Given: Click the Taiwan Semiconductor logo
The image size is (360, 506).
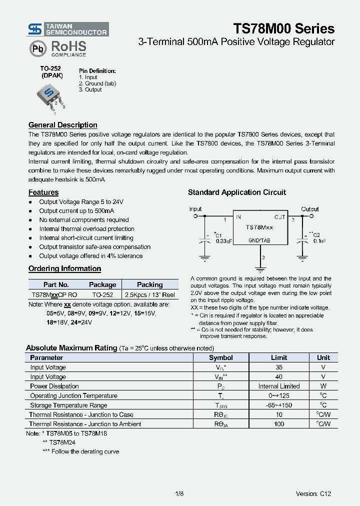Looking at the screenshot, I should coord(68,29).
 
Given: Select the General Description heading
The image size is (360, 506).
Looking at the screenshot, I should coord(63,125).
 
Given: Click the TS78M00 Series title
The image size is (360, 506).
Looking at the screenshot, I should coord(284,28).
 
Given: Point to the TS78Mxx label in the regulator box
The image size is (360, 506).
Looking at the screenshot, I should coord(259,227).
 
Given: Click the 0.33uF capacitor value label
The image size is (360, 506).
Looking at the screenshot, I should coord(223,241).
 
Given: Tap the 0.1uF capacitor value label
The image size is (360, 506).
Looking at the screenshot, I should coord(319,241).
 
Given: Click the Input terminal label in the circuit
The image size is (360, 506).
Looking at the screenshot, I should coord(195,209).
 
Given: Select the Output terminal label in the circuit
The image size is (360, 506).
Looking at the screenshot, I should coord(310,209).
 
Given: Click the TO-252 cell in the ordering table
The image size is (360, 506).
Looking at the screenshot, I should coord(102,295).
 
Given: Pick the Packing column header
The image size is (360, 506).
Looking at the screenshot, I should coord(150,284).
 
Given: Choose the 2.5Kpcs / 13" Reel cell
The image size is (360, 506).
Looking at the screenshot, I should coord(150,295).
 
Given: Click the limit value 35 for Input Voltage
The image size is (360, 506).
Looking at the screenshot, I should coord(279,367).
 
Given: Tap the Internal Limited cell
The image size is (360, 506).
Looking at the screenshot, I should coord(279,386).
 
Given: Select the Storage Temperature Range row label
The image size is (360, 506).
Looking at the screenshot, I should coord(68,405).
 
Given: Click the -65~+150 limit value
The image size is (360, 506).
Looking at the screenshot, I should coord(279,405).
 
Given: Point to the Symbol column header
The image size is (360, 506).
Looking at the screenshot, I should coord(221,357).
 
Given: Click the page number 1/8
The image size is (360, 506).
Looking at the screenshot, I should coord(179,494).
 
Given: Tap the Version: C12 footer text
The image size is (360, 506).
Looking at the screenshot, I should coord(313,494).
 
